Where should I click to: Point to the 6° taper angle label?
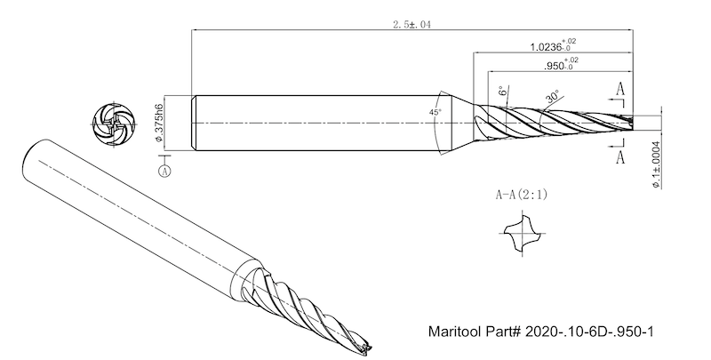[502, 92]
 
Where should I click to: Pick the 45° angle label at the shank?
[435, 113]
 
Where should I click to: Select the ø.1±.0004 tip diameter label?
[655, 164]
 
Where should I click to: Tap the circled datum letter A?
[164, 169]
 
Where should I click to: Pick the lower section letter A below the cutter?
[619, 157]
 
